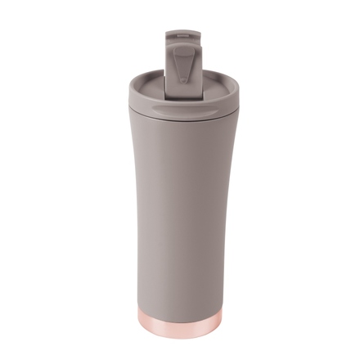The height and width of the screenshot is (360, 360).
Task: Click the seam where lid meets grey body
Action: click(180, 123)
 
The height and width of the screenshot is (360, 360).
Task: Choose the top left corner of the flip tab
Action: click(166, 34)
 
